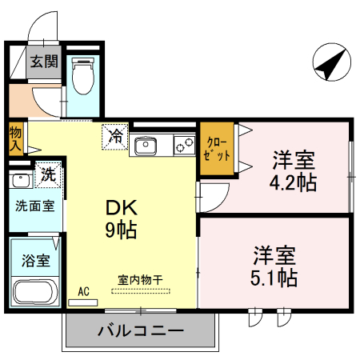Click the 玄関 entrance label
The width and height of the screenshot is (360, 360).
tap(44, 62)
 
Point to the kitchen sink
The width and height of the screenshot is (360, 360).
tap(146, 146)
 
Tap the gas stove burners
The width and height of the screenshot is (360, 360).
tap(184, 146)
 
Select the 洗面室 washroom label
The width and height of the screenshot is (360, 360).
tap(34, 205)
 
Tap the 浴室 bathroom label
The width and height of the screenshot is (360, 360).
tap(35, 261)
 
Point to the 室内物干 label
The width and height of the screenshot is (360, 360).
tap(141, 279)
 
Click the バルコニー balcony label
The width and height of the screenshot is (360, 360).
tap(141, 329)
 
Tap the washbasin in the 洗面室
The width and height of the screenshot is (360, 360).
tap(18, 177)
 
